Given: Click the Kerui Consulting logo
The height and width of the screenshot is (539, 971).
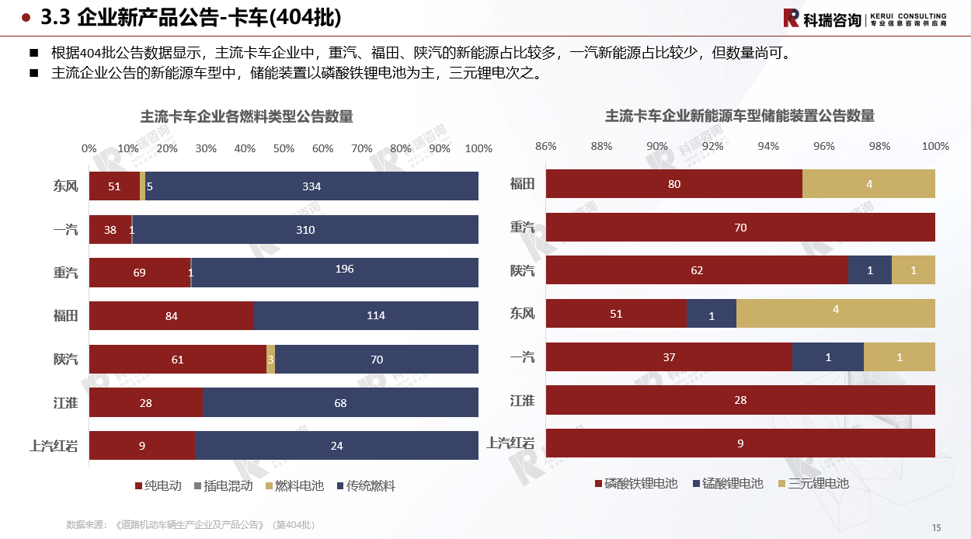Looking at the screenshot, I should [864, 19].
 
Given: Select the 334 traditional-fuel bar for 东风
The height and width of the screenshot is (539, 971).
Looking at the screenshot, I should [311, 186].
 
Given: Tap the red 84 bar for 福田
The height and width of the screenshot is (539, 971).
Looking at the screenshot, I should [172, 315].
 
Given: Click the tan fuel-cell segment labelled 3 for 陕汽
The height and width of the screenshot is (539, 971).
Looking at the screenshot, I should [270, 359].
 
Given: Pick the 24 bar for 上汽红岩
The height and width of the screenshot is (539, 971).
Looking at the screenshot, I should [336, 446].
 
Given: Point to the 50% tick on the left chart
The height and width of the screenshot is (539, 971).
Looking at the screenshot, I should [284, 148].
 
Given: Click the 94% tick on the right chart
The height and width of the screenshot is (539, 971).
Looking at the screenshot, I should [768, 146].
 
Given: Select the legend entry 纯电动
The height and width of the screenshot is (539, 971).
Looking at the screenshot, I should [158, 486].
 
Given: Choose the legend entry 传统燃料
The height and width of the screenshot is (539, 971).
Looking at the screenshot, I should [366, 486].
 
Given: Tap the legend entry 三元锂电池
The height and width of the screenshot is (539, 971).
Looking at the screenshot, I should [813, 484].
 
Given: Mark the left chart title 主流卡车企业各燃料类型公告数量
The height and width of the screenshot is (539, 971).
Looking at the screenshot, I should [246, 117].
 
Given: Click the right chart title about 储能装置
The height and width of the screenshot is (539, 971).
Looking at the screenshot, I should [740, 116].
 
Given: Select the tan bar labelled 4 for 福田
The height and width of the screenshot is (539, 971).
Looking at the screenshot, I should [868, 184].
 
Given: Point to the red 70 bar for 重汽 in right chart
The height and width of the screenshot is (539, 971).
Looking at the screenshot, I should [740, 228].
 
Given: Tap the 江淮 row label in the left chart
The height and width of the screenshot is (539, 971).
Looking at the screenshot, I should [65, 402].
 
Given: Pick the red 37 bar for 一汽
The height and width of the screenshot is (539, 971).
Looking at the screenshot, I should [669, 357].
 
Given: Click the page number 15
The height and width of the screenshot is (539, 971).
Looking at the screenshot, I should [936, 527].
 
